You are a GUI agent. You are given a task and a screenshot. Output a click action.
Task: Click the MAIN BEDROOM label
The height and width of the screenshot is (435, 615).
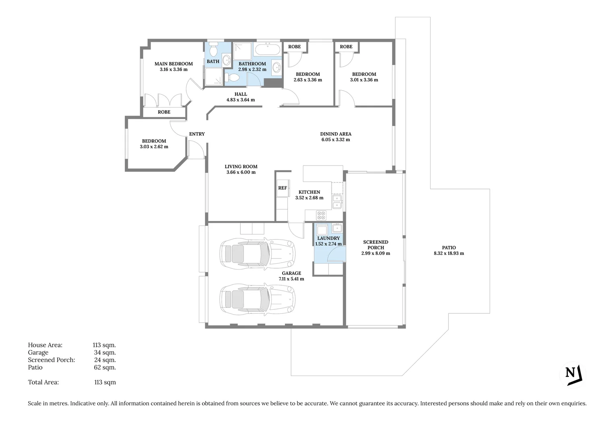point(173,64)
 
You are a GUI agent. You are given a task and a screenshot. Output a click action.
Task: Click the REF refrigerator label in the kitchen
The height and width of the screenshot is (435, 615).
point(283,188)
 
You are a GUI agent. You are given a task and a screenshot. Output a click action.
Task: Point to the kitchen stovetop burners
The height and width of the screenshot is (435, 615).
point(321,215)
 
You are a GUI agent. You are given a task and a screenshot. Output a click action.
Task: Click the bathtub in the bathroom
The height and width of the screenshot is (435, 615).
point(268,50)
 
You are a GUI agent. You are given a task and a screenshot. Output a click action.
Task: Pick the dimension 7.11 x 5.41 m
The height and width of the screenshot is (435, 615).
point(291,279)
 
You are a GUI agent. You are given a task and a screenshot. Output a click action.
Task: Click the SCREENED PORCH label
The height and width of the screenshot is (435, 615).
point(376,245)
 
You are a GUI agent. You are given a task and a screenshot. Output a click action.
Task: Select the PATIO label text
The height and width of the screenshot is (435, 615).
point(449,248)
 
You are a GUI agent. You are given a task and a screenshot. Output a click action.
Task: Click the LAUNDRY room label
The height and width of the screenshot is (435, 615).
point(328,238)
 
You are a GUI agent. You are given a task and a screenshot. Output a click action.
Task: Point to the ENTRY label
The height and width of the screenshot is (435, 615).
point(197,134)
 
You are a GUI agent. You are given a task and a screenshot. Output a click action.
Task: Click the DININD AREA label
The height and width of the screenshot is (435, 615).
point(336,134)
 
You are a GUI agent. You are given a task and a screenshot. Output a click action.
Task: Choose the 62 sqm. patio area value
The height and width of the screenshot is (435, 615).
point(105,367)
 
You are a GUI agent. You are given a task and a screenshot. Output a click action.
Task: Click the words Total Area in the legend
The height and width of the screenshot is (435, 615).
point(43,382)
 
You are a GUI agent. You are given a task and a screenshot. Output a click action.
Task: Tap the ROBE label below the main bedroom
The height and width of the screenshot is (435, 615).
point(164,112)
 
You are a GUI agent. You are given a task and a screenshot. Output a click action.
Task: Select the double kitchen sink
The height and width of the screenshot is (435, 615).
point(336,201)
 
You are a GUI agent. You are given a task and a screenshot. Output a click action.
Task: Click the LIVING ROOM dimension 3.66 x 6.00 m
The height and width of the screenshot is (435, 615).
point(241,172)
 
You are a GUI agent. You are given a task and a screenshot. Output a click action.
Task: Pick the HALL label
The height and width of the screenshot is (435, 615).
point(241,94)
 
